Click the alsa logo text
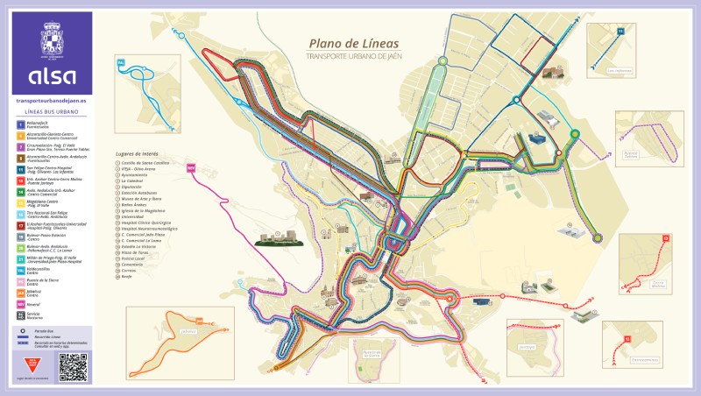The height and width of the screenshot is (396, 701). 52,75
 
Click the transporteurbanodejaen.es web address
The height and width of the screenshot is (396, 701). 52,102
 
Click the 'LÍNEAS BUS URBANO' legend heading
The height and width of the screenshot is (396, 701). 52,114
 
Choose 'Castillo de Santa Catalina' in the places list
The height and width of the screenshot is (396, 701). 145,164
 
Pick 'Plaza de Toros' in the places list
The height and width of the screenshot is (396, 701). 138,259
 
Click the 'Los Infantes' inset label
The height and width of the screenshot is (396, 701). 619,71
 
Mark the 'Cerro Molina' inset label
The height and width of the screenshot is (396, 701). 645,283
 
